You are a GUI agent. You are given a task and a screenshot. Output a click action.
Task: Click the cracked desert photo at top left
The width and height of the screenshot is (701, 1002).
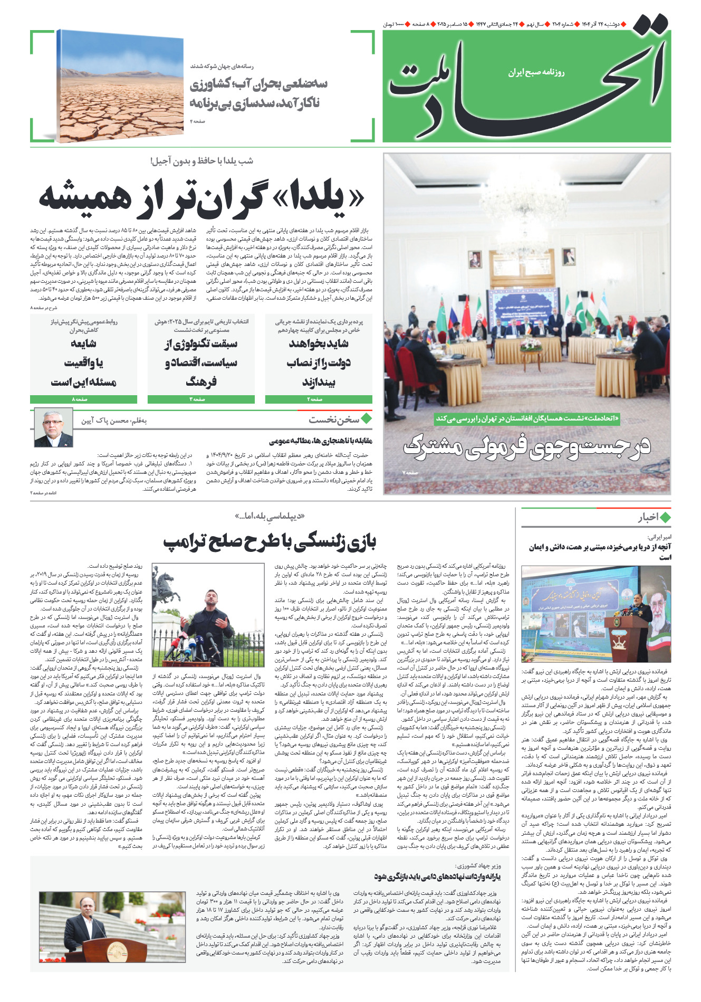point(120,87)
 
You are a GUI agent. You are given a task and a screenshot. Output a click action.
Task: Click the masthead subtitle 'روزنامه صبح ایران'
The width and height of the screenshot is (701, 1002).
point(536,72)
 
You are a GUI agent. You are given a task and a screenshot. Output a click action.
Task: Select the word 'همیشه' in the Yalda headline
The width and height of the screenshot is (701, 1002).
point(84,198)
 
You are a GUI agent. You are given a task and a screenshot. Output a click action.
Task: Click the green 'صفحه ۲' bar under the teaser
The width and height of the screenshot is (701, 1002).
point(319,399)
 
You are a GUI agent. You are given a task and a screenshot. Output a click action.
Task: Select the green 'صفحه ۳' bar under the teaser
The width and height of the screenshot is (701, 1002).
point(201,399)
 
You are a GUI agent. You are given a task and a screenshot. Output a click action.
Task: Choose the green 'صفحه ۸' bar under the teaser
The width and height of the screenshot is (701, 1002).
point(83,399)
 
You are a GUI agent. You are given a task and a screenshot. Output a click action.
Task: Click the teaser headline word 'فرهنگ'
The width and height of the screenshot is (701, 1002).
point(201,381)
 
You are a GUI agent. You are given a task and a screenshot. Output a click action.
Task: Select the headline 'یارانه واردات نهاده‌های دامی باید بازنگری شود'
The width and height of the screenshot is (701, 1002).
point(437,876)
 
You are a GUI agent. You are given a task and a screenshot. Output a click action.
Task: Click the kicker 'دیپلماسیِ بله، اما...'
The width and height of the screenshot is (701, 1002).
point(270,516)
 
